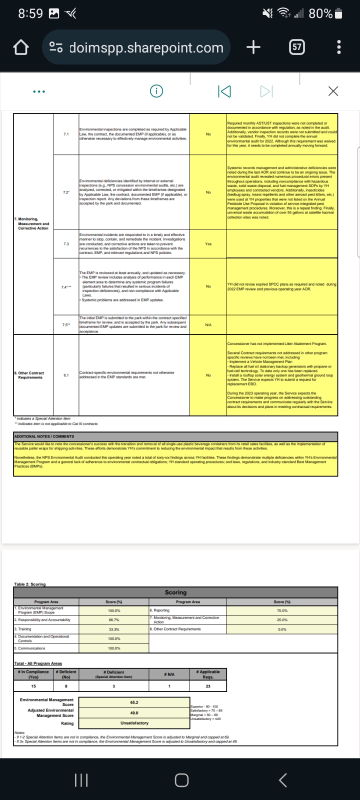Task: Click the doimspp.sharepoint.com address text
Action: [x=146, y=47]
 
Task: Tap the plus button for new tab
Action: [x=253, y=47]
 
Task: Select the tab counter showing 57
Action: [x=296, y=47]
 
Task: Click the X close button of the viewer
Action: [x=333, y=91]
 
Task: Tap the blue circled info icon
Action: [x=156, y=91]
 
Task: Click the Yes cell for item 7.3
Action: [x=208, y=244]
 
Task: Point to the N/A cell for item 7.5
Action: [x=208, y=325]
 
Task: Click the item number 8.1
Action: [x=66, y=375]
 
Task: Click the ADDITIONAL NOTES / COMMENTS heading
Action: [x=44, y=436]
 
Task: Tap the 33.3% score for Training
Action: [x=113, y=629]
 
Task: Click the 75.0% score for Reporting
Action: [x=282, y=610]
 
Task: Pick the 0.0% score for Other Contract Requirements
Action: [x=282, y=629]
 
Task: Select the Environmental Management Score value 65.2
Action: [x=134, y=702]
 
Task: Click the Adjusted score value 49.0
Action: [x=134, y=713]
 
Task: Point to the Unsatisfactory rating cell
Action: [x=134, y=723]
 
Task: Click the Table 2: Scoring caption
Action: [x=29, y=584]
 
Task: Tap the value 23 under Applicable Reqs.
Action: [x=208, y=686]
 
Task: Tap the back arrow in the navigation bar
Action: [x=282, y=780]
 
